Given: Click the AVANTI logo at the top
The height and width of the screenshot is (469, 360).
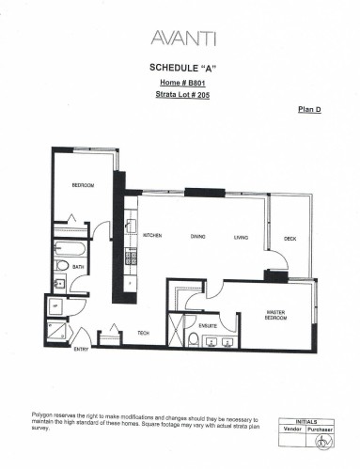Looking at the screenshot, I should click(x=183, y=38).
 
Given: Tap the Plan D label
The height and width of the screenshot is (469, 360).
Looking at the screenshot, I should click(x=309, y=111).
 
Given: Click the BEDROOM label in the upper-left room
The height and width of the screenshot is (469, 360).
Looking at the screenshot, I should click(x=84, y=186).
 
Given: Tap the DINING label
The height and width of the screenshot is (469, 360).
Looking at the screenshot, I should click(x=198, y=237).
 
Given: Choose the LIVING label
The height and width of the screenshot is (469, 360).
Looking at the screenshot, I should click(x=241, y=237).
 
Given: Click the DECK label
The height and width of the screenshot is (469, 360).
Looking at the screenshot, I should click(x=290, y=239).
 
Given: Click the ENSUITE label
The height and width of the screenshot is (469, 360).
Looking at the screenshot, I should click(x=209, y=325).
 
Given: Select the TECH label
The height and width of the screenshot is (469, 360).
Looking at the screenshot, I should click(x=144, y=333).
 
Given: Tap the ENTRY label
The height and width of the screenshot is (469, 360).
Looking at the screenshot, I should click(x=82, y=350).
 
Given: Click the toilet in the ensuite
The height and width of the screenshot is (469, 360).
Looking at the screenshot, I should click(x=192, y=340).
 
